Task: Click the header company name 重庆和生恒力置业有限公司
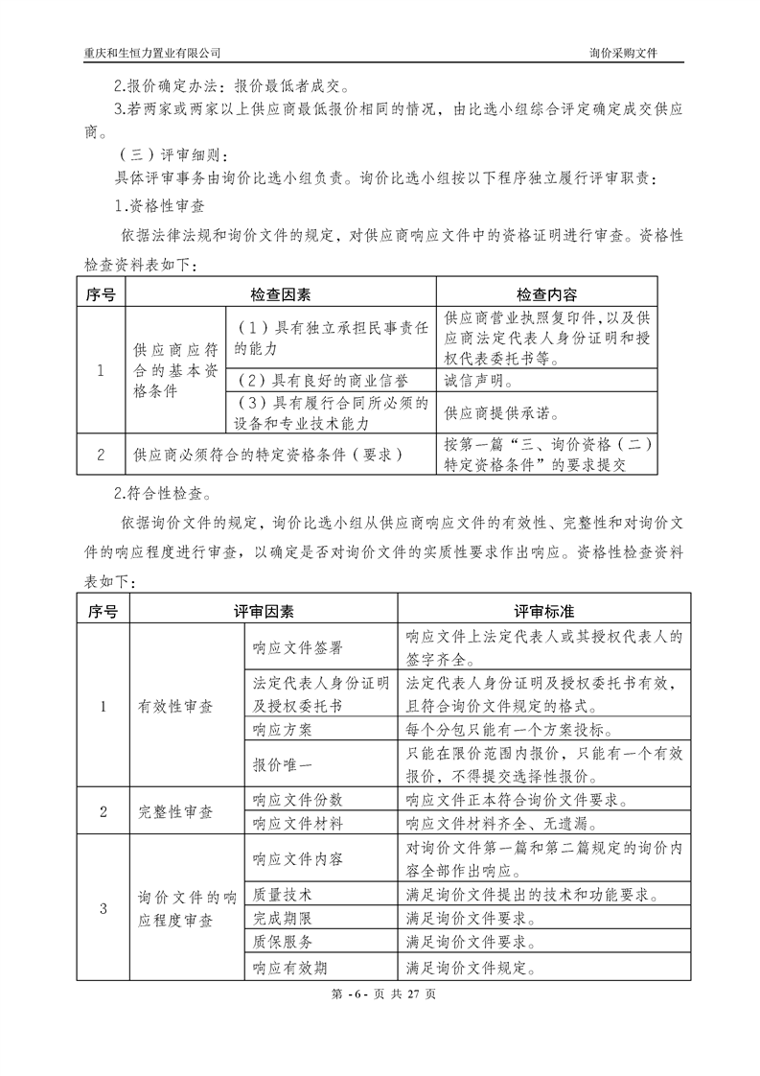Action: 152,52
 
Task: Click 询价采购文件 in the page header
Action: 630,52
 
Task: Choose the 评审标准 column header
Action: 543,611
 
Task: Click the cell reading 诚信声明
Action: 479,381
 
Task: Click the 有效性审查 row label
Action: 175,707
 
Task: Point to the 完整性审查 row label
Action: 175,811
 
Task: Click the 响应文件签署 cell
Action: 297,648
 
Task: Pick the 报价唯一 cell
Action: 275,765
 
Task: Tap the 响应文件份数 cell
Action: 297,799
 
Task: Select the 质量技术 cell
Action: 275,894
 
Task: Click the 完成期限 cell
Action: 275,918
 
